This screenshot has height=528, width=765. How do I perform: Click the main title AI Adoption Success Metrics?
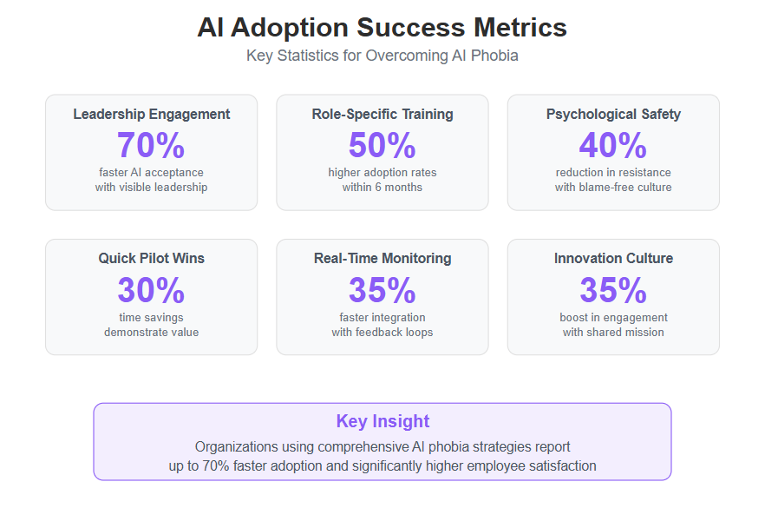point(382,27)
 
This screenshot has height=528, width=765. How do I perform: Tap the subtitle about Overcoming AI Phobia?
point(382,56)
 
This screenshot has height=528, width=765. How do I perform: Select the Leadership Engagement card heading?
point(151,115)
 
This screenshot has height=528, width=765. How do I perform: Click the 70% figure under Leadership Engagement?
point(151,145)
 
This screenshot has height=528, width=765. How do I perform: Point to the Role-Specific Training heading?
point(382,115)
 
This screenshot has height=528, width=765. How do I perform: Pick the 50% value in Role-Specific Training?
point(382,145)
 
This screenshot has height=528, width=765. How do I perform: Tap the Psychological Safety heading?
point(613,115)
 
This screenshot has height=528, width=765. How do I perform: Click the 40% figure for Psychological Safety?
point(613,145)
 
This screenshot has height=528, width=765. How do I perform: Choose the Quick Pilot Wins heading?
point(151,259)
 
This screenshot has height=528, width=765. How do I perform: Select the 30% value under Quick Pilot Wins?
point(151,290)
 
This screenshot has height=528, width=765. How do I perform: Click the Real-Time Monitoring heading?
point(382,259)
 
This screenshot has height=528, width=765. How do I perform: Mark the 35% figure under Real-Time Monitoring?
point(382,290)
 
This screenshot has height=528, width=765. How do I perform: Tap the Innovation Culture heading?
point(613,259)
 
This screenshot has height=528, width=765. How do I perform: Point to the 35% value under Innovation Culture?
point(613,290)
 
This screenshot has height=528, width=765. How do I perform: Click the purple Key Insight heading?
point(382,421)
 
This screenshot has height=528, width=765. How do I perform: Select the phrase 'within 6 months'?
point(382,187)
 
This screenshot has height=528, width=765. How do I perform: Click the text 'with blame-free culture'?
point(613,187)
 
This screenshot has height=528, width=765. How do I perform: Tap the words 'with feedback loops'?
point(382,332)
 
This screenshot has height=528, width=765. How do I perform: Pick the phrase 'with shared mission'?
point(613,332)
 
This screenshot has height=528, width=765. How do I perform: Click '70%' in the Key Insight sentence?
point(216,466)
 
